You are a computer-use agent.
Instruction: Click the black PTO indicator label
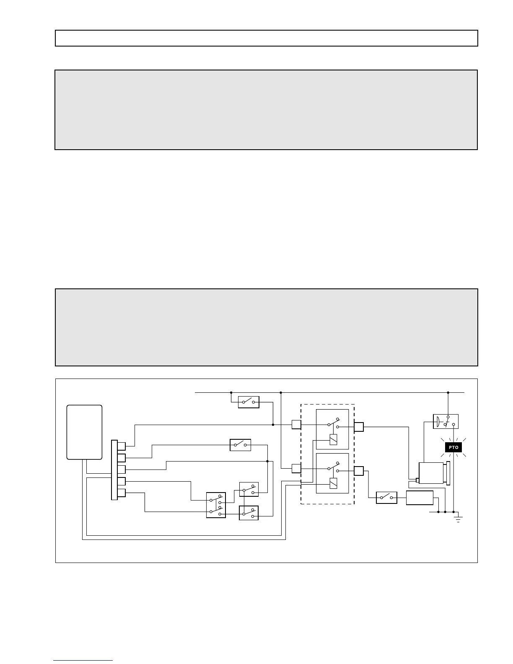pyautogui.click(x=453, y=448)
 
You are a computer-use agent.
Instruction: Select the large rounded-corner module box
pyautogui.click(x=85, y=432)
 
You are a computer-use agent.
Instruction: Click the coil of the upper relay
pyautogui.click(x=333, y=439)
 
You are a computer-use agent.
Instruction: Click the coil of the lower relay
pyautogui.click(x=333, y=483)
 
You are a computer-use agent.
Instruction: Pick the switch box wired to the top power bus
pyautogui.click(x=249, y=402)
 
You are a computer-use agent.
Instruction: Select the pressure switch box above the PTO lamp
pyautogui.click(x=446, y=421)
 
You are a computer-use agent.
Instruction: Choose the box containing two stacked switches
pyautogui.click(x=216, y=505)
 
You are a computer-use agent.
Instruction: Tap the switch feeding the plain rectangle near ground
pyautogui.click(x=386, y=498)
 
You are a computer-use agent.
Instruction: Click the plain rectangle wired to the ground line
pyautogui.click(x=420, y=498)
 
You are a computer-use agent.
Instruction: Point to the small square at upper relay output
pyautogui.click(x=359, y=427)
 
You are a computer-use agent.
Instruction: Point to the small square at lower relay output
pyautogui.click(x=358, y=471)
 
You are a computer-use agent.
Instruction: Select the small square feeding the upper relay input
pyautogui.click(x=296, y=425)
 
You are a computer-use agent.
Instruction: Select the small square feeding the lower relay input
pyautogui.click(x=296, y=468)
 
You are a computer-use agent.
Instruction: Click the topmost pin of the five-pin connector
pyautogui.click(x=122, y=446)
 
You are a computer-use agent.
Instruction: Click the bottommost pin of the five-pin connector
pyautogui.click(x=122, y=493)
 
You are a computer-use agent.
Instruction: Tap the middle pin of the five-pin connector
pyautogui.click(x=122, y=469)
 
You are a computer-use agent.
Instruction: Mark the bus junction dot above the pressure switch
pyautogui.click(x=448, y=393)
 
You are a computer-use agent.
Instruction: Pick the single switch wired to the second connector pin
pyautogui.click(x=241, y=445)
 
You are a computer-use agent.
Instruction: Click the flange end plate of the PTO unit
pyautogui.click(x=448, y=473)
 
